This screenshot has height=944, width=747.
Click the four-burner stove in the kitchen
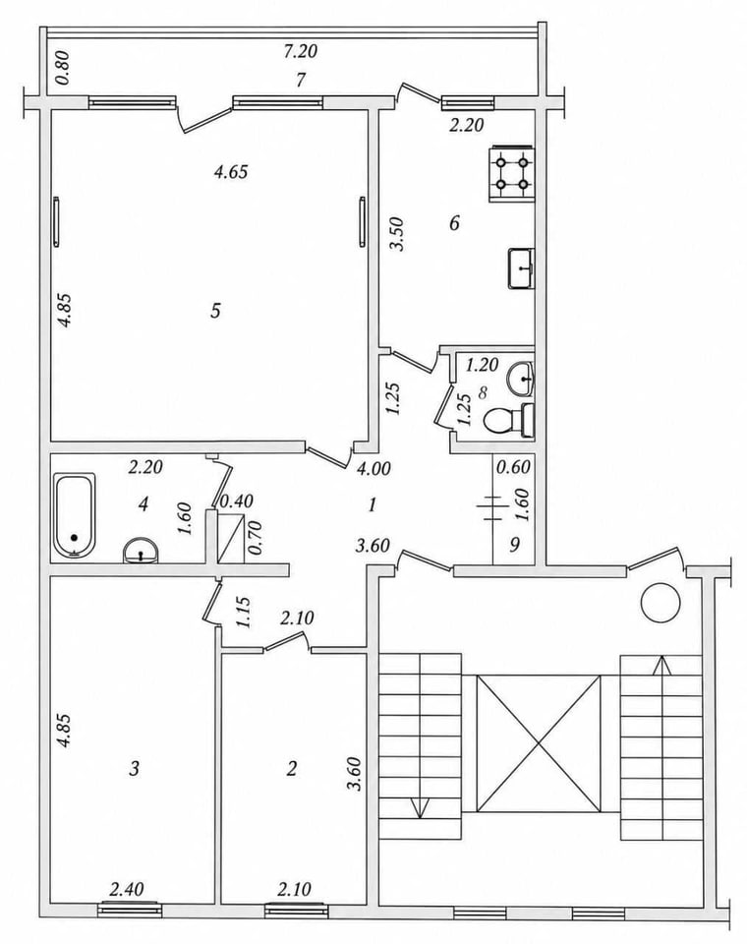pyautogui.click(x=511, y=173)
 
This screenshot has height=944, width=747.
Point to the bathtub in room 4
pyautogui.click(x=74, y=515)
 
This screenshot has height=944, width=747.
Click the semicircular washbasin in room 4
pyautogui.click(x=141, y=551)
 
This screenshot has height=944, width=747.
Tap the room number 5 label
pyautogui.click(x=215, y=311)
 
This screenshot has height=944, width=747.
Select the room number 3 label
pyautogui.click(x=135, y=768)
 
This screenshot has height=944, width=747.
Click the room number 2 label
pyautogui.click(x=292, y=768)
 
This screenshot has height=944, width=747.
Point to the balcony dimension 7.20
pyautogui.click(x=301, y=51)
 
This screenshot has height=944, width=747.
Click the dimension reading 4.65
pyautogui.click(x=231, y=172)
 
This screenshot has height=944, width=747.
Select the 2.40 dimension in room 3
pyautogui.click(x=127, y=888)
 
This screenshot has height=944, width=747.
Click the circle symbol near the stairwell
pyautogui.click(x=661, y=603)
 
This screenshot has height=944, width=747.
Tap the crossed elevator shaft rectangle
pyautogui.click(x=539, y=743)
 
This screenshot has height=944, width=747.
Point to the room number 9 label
pyautogui.click(x=514, y=544)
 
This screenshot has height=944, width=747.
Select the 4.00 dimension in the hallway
pyautogui.click(x=373, y=468)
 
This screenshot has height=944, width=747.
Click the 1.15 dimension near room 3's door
pyautogui.click(x=244, y=613)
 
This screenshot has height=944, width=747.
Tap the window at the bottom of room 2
pyautogui.click(x=296, y=911)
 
